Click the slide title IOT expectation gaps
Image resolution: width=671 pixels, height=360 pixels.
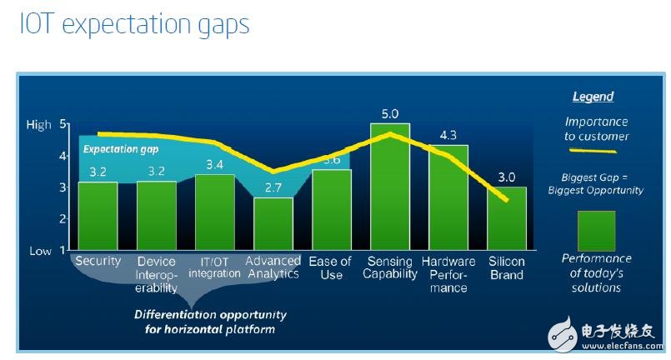tap(134, 24)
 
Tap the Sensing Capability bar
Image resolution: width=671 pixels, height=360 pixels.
tap(390, 187)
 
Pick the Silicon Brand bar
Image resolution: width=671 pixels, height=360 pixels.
tap(507, 218)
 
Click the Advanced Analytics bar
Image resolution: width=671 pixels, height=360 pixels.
tap(273, 223)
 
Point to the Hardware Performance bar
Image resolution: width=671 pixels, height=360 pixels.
tap(448, 197)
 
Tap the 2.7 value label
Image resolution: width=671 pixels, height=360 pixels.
tap(273, 188)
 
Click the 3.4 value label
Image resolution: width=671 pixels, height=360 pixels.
tap(215, 165)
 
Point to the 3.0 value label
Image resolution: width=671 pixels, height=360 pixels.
tap(507, 177)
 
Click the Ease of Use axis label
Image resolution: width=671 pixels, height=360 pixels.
tap(331, 268)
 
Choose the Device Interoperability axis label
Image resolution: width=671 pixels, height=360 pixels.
tap(157, 274)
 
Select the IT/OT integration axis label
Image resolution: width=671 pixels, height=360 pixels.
tap(214, 267)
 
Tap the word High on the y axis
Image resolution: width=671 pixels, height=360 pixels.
tap(39, 125)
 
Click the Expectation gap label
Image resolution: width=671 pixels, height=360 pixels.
tap(120, 149)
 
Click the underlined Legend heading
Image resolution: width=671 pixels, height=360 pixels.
tap(593, 97)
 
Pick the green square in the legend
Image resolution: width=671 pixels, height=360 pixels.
tap(596, 231)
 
